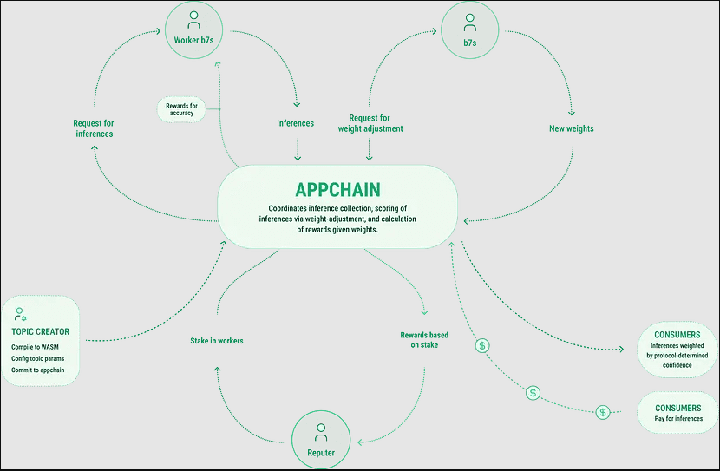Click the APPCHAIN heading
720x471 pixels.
337,190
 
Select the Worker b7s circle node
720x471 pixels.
193,29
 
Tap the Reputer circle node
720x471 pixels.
321,440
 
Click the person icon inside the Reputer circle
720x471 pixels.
321,433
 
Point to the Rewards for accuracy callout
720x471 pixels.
181,109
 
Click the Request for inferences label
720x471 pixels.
94,128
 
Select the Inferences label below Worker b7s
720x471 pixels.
295,123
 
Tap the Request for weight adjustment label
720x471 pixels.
370,123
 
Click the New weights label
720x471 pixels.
571,128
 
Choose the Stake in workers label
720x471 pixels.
217,341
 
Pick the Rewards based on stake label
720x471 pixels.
424,340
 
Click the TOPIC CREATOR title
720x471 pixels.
41,331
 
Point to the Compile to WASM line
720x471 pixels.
35,347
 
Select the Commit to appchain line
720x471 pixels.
37,370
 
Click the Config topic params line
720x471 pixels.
37,358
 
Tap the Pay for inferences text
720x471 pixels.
678,419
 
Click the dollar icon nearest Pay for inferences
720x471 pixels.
603,412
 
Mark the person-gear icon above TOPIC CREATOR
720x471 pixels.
20,314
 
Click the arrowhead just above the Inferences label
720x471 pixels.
297,105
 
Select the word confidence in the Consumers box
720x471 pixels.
677,365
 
